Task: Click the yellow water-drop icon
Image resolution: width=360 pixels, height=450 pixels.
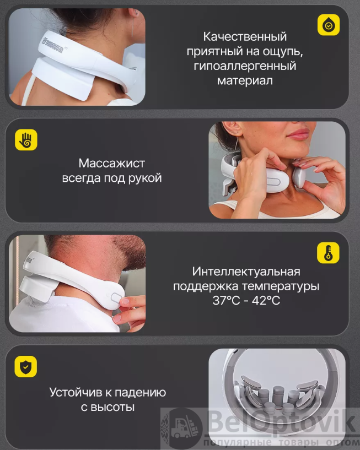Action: coord(329,25)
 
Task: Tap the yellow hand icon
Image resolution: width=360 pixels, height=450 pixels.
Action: coord(26,140)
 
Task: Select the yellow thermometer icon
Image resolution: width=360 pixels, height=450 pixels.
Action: coord(328,253)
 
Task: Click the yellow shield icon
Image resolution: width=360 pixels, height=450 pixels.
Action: coord(26,366)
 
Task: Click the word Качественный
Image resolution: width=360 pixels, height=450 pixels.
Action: coord(245,37)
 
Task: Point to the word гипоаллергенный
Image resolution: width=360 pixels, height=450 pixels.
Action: coord(245,66)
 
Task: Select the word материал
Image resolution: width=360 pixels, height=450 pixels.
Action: coord(245,80)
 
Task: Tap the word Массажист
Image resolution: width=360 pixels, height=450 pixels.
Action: coord(112,163)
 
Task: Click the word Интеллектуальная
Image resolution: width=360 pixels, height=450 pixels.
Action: coord(246,272)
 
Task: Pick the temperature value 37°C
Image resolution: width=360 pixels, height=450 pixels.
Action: coord(226,301)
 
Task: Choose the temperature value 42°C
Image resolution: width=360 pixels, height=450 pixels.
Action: coord(266,301)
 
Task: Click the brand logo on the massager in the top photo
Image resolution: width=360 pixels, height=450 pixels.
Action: coord(52,45)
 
